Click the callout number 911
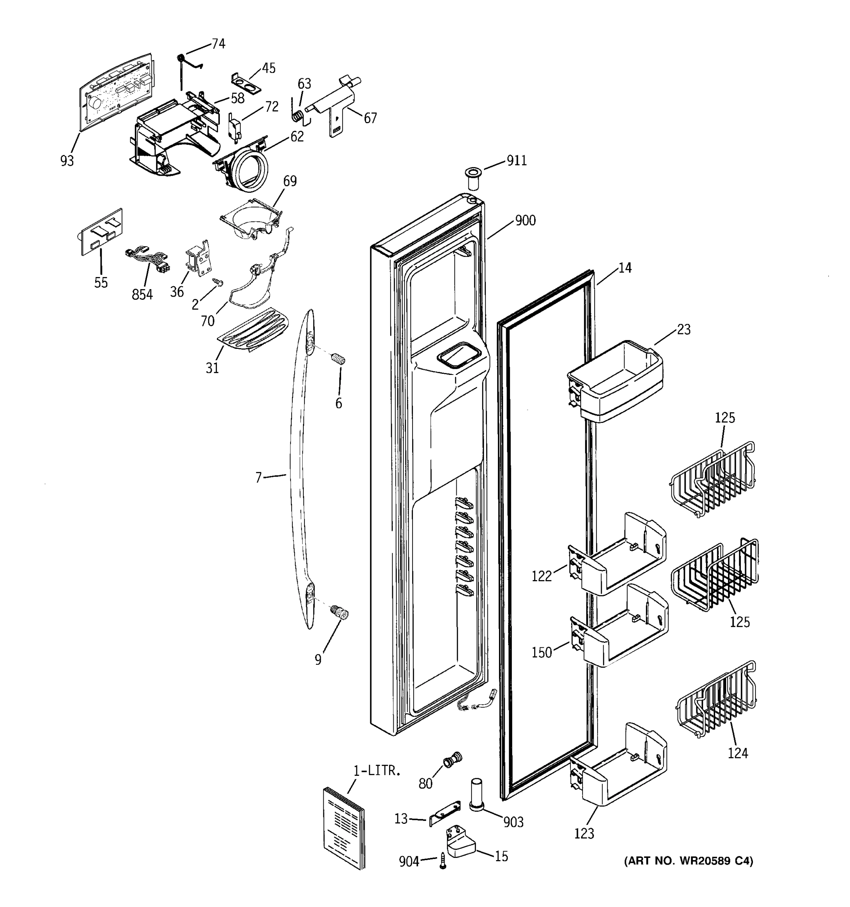(x=517, y=161)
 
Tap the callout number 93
(x=67, y=161)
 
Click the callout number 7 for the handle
(x=258, y=478)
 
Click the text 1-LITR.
(x=377, y=771)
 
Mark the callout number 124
(x=737, y=753)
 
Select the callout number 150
(x=542, y=652)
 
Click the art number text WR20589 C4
(x=689, y=861)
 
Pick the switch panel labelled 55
(x=101, y=232)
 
